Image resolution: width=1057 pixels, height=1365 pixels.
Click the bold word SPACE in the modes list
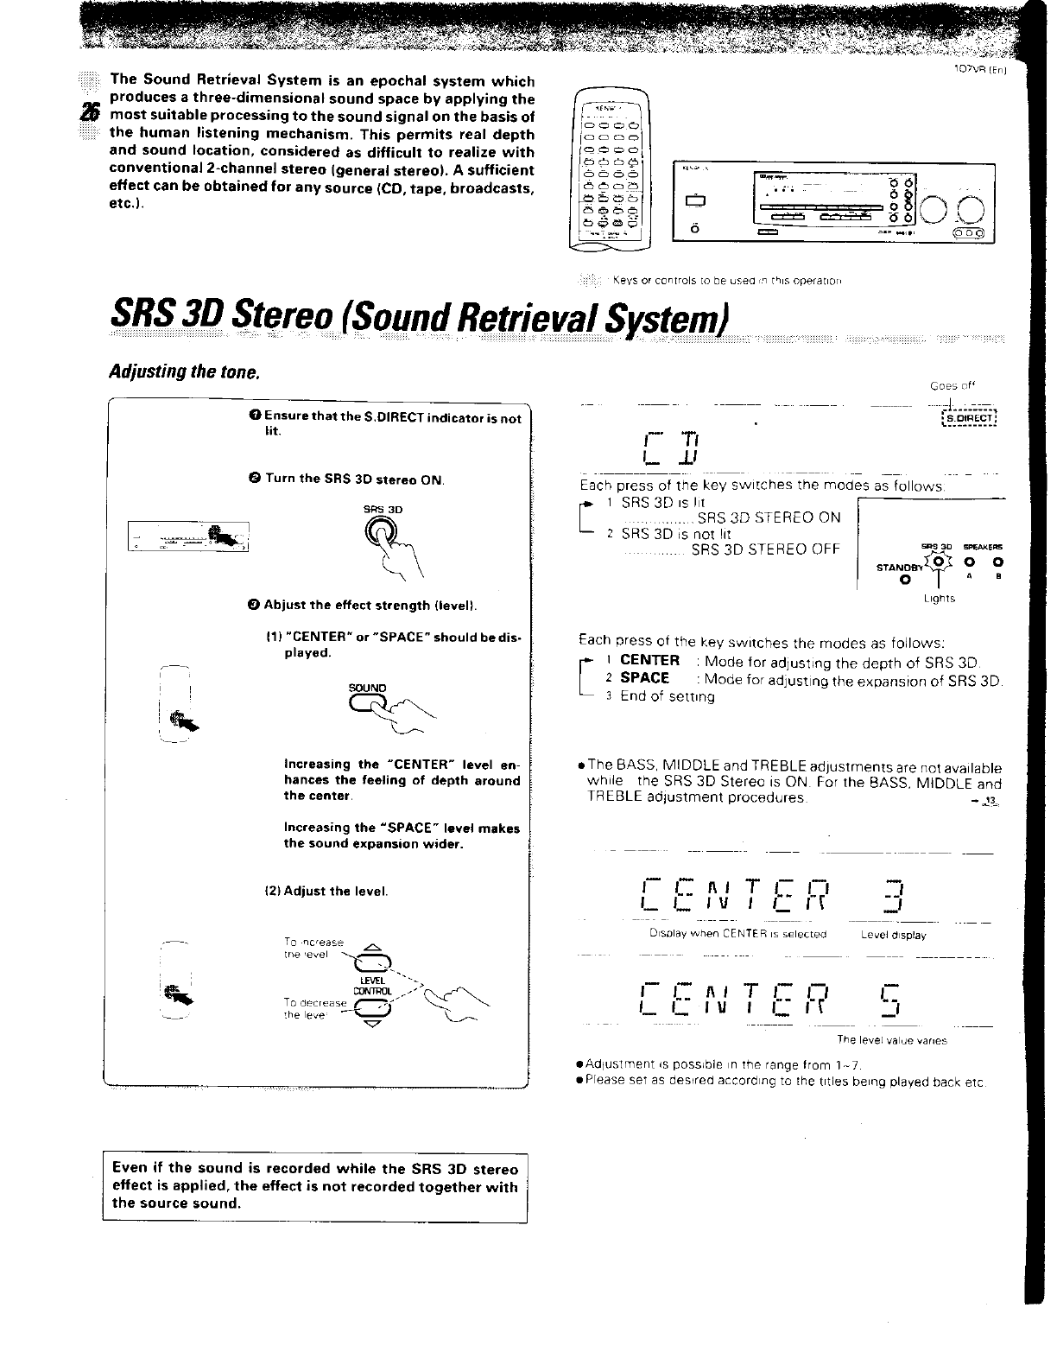(x=644, y=678)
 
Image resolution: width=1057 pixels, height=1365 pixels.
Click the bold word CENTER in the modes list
(x=649, y=660)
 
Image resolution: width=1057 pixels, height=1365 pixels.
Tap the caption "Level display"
(x=893, y=935)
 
